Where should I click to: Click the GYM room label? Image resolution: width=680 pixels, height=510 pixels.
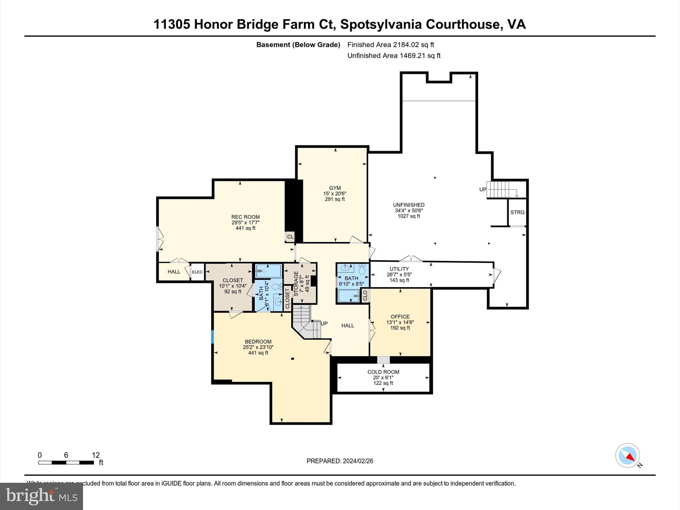(335, 188)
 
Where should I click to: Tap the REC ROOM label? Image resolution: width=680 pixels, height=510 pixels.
(245, 217)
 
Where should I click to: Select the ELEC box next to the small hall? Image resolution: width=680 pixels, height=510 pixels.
(197, 272)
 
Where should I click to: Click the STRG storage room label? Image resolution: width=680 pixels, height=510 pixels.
(517, 212)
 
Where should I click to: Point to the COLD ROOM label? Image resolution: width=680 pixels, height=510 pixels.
(383, 372)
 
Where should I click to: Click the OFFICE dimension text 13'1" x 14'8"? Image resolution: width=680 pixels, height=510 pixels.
(400, 322)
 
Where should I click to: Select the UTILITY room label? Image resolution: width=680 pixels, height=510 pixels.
(399, 269)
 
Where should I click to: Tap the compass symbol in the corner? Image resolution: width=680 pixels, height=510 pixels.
(628, 455)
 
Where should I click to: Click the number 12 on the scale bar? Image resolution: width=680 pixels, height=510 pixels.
(96, 455)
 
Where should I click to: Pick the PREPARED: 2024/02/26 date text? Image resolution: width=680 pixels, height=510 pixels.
(340, 461)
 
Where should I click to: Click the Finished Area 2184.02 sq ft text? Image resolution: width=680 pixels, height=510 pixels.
(390, 45)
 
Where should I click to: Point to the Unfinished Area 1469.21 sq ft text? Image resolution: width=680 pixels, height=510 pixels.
(394, 56)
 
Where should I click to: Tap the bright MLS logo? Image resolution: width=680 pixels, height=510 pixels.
(42, 496)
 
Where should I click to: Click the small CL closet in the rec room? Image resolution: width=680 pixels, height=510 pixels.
(290, 237)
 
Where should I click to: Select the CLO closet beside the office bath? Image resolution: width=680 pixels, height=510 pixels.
(365, 295)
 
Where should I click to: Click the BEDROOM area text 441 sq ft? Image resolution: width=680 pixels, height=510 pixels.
(258, 353)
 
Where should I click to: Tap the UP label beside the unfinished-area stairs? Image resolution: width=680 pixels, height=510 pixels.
(482, 189)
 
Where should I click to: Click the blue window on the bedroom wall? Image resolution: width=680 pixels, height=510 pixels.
(212, 337)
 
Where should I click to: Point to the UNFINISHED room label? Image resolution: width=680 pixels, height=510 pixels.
(408, 205)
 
